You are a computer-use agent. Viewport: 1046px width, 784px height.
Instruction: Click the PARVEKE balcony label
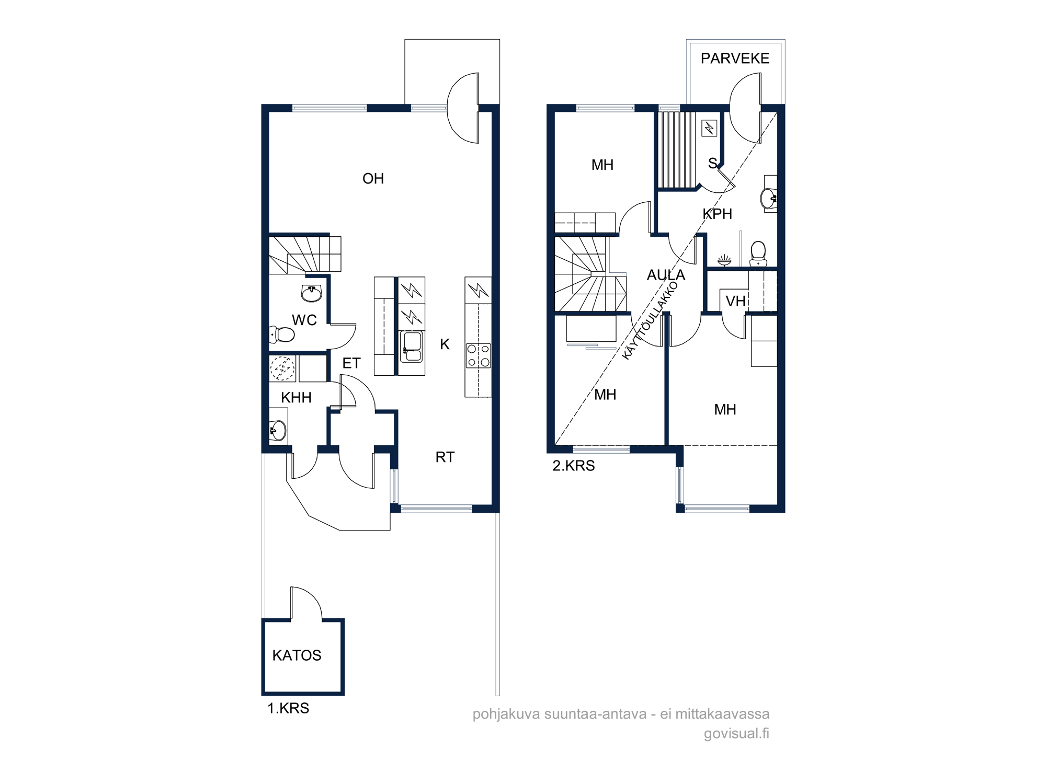[x=735, y=59]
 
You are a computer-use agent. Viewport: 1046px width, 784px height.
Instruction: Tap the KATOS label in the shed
[x=297, y=655]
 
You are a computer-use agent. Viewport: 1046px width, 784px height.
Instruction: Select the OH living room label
[x=373, y=179]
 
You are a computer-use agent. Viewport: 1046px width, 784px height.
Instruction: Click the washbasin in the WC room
[x=311, y=293]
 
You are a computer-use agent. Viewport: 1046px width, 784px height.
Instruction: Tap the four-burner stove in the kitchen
[x=478, y=355]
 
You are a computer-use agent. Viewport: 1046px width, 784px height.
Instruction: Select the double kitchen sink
[x=412, y=347]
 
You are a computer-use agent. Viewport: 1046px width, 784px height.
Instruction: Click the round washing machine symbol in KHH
[x=282, y=368]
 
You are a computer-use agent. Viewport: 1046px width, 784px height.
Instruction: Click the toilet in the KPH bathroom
[x=758, y=254]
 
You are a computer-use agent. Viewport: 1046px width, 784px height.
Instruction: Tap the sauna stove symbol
[x=709, y=128]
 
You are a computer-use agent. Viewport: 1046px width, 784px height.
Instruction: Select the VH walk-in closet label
[x=735, y=302]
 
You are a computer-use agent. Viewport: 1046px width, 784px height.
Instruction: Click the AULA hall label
[x=666, y=275]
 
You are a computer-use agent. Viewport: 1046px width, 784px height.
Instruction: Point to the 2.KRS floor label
[x=574, y=466]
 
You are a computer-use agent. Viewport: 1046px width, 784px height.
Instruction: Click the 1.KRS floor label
[x=288, y=708]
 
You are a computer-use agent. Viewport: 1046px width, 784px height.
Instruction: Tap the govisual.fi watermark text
[x=736, y=733]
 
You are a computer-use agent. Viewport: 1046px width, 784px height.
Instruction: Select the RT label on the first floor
[x=445, y=457]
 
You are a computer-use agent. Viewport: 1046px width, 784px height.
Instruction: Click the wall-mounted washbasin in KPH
[x=769, y=199]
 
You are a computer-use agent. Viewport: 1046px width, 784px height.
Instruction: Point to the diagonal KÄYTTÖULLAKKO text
[x=650, y=320]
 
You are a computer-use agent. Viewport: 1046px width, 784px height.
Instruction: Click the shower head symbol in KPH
[x=724, y=260]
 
